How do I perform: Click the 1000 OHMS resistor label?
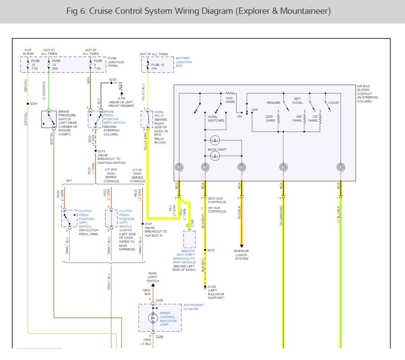[x=229, y=100]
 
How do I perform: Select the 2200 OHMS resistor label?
[x=270, y=119]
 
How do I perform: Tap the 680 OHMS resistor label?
[x=296, y=119]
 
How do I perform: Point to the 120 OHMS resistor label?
[x=313, y=119]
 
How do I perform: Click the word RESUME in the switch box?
[x=273, y=102]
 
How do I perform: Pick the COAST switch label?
[x=333, y=102]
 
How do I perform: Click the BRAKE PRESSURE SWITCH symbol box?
[x=49, y=119]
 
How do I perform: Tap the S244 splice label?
[x=33, y=103]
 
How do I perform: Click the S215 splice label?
[x=101, y=151]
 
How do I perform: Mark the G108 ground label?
[x=212, y=287]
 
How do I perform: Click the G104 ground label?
[x=121, y=98]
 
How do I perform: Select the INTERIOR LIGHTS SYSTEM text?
[x=241, y=255]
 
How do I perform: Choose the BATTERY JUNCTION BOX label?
[x=184, y=62]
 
